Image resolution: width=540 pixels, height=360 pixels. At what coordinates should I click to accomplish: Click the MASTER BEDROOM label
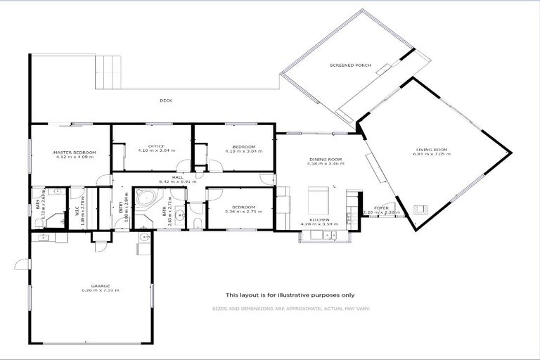click(x=75, y=153)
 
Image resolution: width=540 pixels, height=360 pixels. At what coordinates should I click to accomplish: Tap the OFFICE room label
click(x=156, y=146)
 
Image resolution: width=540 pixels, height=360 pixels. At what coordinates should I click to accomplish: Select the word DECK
click(x=166, y=101)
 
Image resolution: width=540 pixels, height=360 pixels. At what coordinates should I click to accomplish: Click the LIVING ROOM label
click(x=432, y=150)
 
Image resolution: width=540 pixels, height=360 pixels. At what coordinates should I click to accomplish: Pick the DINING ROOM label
click(x=325, y=159)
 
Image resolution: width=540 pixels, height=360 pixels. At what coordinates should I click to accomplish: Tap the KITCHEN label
click(x=320, y=219)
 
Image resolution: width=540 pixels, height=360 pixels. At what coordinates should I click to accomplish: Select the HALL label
click(x=177, y=177)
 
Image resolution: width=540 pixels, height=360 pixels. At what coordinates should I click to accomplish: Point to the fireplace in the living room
click(x=421, y=207)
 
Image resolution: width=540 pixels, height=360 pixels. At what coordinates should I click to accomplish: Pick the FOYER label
click(x=381, y=207)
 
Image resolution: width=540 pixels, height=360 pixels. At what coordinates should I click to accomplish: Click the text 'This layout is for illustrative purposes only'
click(x=290, y=295)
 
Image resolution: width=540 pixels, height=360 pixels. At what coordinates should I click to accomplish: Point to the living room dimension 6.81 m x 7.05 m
click(x=432, y=155)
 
